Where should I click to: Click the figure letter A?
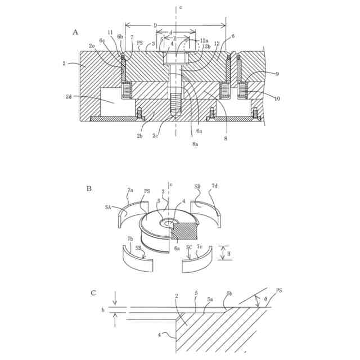pos(75,32)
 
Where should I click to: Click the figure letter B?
pos(89,188)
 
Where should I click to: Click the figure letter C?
pos(93,292)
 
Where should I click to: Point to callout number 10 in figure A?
pos(277,99)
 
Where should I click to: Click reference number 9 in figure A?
pos(277,74)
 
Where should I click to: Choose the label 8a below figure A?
pos(195,145)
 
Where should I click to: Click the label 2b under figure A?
pos(139,136)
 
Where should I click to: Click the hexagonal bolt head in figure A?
pos(175,58)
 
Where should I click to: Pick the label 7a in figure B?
pos(130,191)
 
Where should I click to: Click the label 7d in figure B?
pos(214,186)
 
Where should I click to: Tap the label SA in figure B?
pos(108,207)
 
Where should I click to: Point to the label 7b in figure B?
pos(130,238)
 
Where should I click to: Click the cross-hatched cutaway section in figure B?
pos(186,231)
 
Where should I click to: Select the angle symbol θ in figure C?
pos(267,300)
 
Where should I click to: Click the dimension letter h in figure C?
pos(103,310)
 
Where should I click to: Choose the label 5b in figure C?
pos(229,294)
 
